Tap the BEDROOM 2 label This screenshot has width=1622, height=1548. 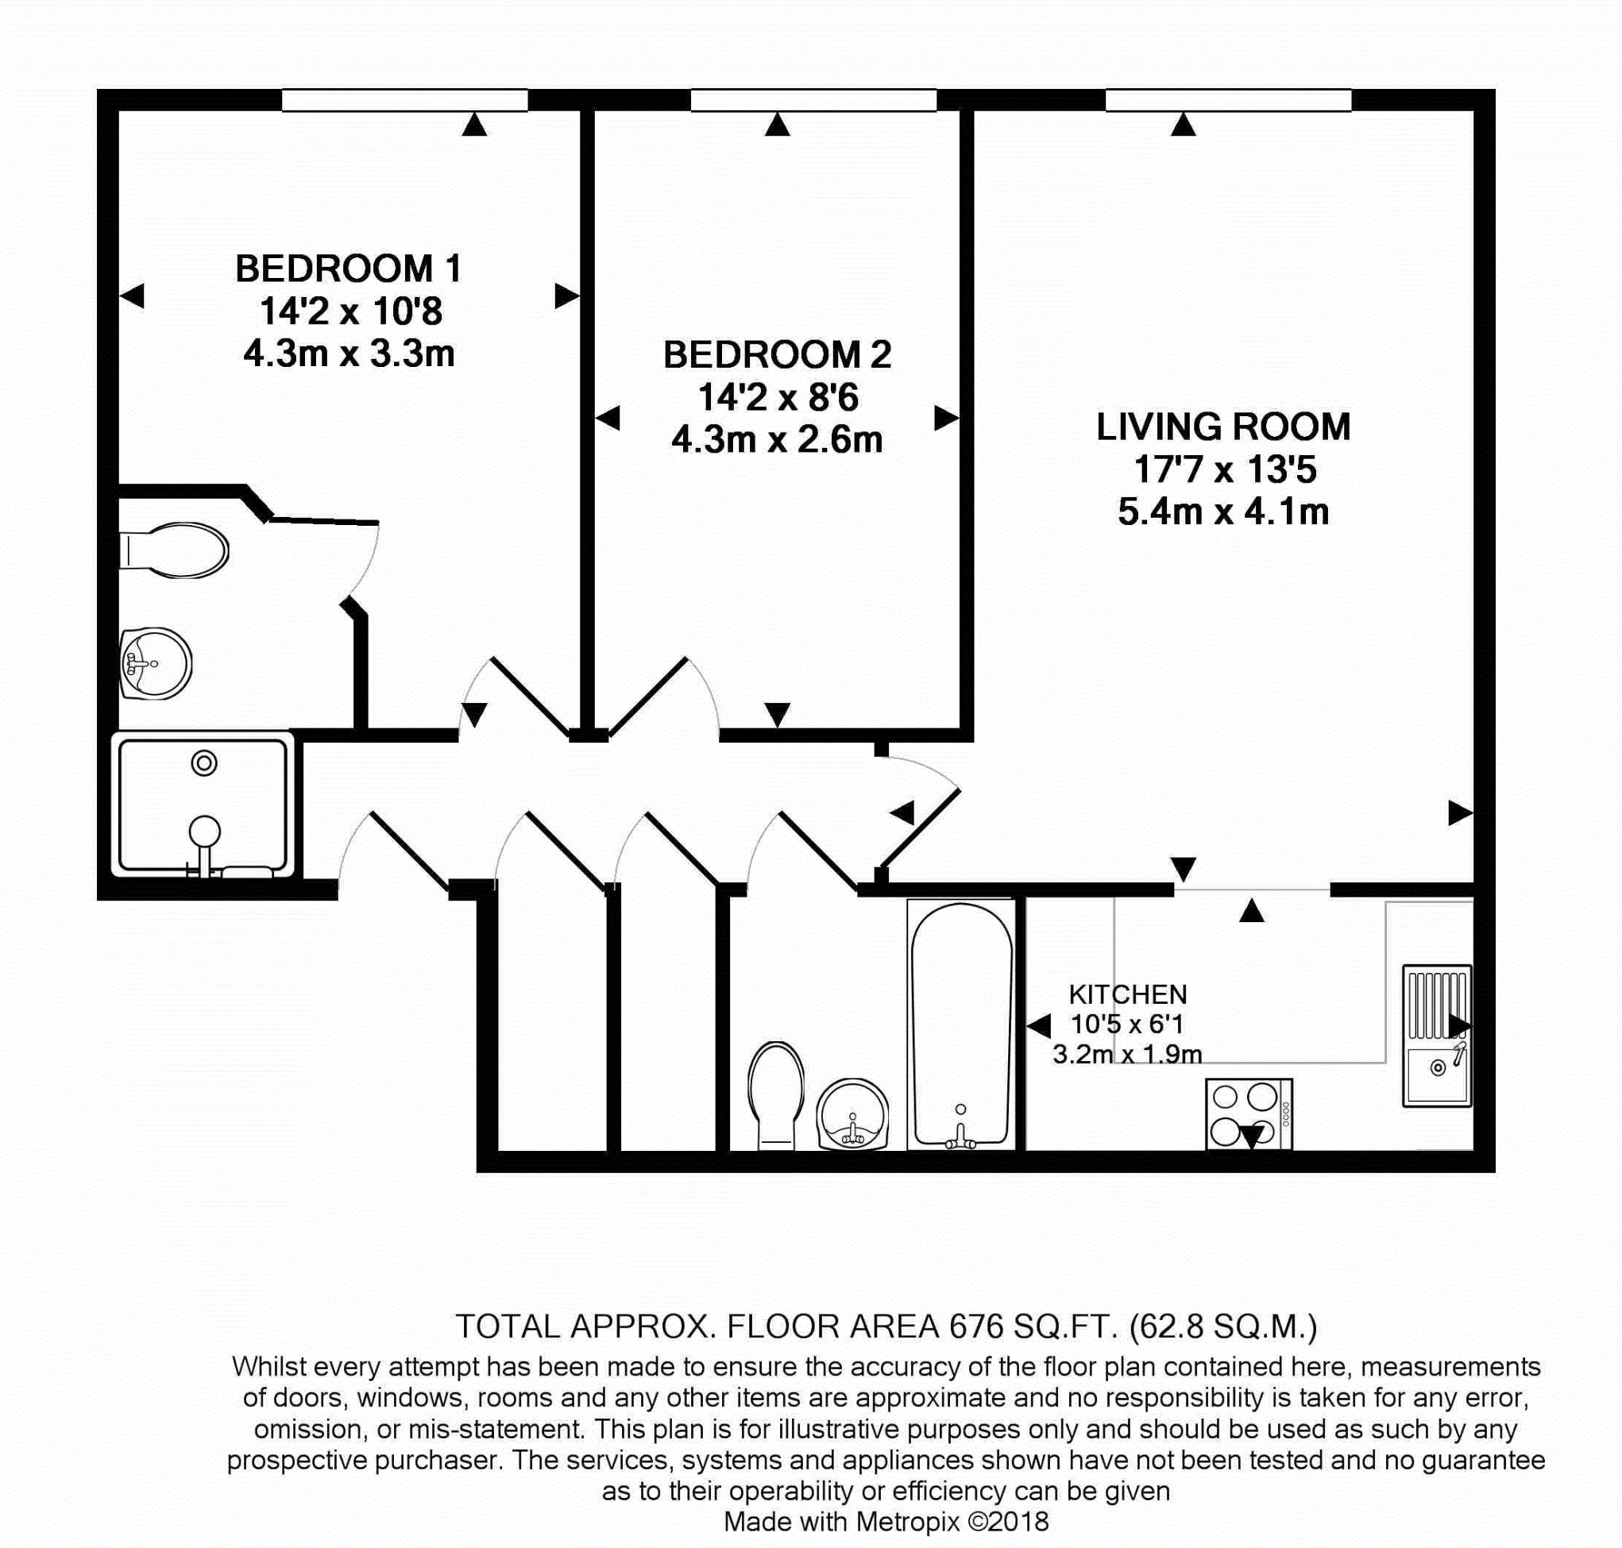pos(776,355)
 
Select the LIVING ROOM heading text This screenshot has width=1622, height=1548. pos(1222,427)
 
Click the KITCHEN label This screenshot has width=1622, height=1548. pos(1127,994)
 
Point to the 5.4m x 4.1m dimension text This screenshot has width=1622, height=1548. pos(1222,512)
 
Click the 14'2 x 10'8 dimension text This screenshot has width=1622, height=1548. pos(350,312)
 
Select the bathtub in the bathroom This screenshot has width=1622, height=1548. pos(960,1023)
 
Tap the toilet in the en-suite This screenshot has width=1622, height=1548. pos(176,550)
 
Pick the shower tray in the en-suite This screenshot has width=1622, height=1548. pos(203,805)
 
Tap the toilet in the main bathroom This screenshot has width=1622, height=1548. pos(775,1094)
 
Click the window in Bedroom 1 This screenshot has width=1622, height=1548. pos(404,101)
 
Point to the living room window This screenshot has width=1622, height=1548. pos(1228,101)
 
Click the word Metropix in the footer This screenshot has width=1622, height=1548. pos(908,1522)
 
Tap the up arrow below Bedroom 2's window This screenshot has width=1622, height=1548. pos(777,125)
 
